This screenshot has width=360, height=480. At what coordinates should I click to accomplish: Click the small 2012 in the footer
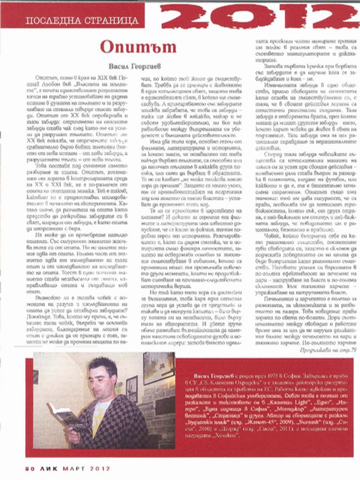[x=97, y=467]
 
